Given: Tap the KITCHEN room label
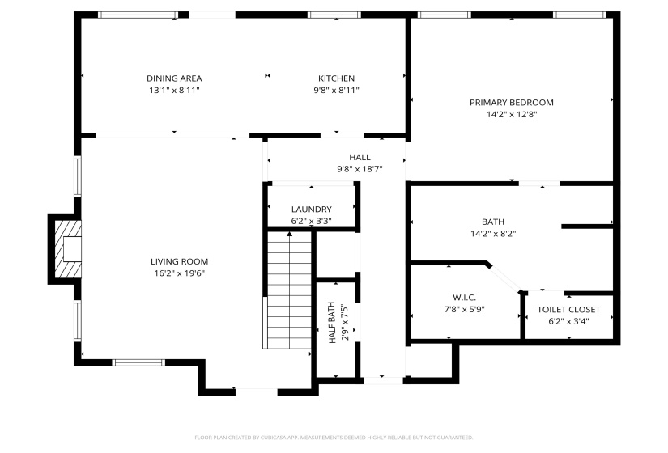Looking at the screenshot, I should click(x=335, y=78).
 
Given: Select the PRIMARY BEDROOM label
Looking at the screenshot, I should click(x=511, y=103).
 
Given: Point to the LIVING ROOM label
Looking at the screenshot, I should click(x=179, y=261).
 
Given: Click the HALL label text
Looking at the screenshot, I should click(x=360, y=158).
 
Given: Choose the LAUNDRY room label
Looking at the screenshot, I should click(x=311, y=210).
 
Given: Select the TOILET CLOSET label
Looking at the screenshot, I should click(x=568, y=310).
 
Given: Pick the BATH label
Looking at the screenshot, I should click(x=492, y=222).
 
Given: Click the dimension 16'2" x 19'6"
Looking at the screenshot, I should click(x=179, y=273).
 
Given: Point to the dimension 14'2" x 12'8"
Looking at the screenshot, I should click(x=511, y=115).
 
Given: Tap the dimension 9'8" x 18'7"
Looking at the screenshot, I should click(x=360, y=169).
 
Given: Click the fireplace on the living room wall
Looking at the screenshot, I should click(x=67, y=248).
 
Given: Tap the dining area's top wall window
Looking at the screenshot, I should click(x=138, y=15).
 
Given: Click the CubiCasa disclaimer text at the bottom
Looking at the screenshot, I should click(x=334, y=437).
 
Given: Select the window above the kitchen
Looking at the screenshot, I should click(x=334, y=15).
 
